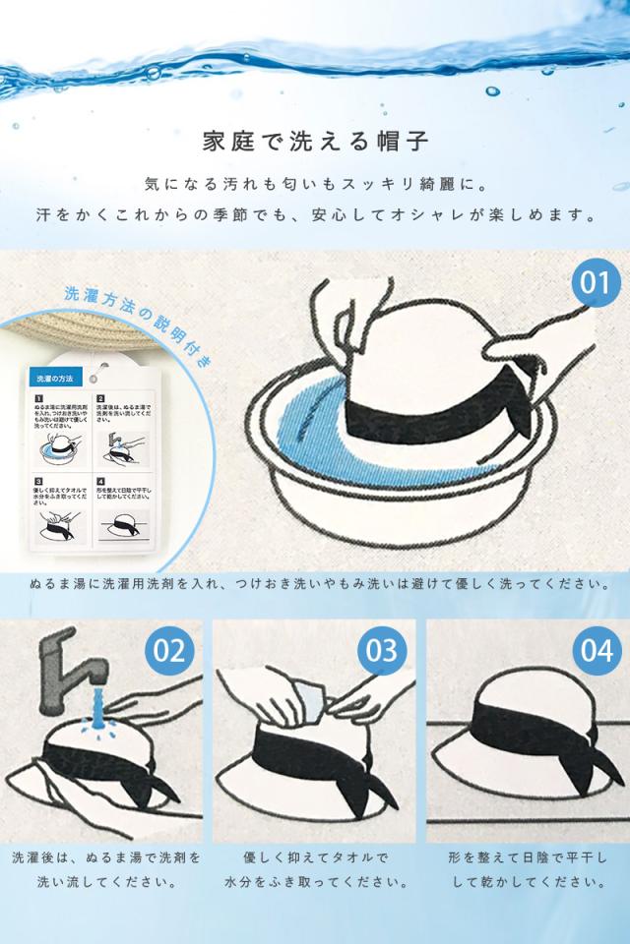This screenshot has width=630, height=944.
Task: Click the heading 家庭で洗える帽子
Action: coord(315,141)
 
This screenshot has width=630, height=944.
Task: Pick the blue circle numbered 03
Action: coord(381,651)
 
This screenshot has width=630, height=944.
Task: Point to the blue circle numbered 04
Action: coord(596,651)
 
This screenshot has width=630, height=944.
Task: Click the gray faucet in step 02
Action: coord(59,669)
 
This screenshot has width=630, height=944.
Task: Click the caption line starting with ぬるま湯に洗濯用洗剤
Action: coord(315,584)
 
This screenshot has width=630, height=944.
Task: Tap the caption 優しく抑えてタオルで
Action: coord(315,857)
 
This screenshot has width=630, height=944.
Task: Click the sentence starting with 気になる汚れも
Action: coord(315,183)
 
